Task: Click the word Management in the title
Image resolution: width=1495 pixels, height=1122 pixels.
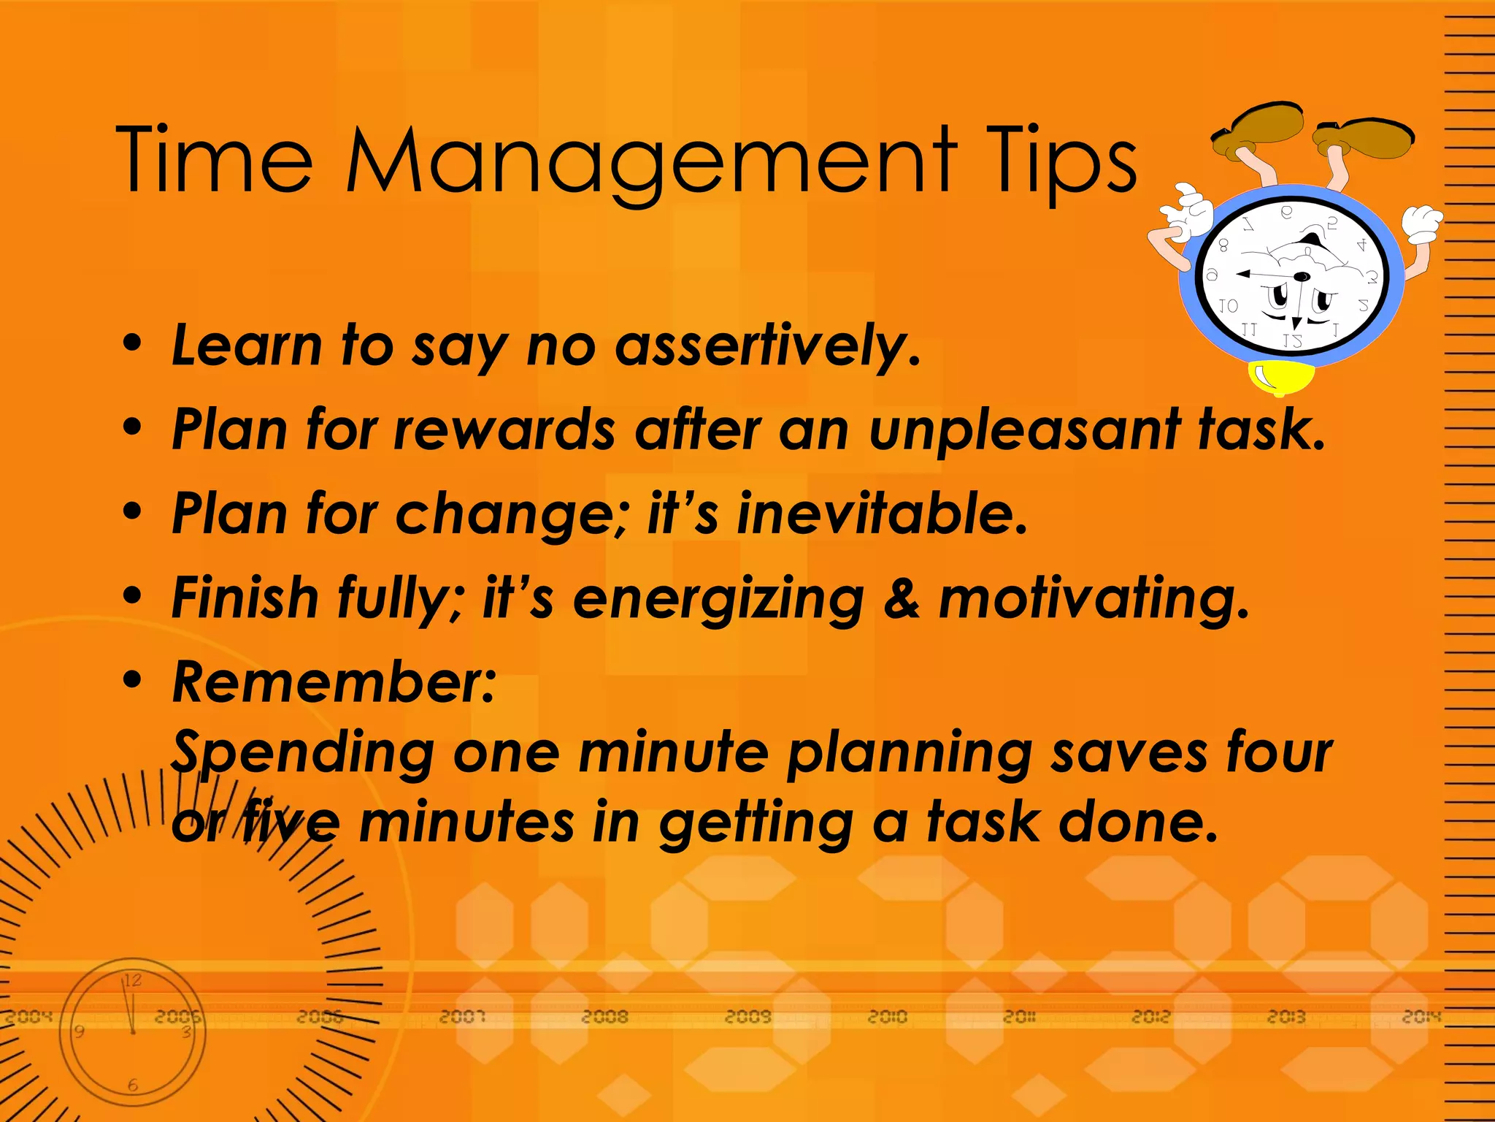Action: click(x=650, y=161)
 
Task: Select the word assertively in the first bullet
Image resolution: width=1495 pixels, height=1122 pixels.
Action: click(x=766, y=346)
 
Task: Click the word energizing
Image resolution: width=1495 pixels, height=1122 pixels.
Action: click(x=718, y=599)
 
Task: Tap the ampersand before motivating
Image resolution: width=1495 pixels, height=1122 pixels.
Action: click(x=901, y=599)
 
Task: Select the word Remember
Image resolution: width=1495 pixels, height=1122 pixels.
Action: click(x=333, y=682)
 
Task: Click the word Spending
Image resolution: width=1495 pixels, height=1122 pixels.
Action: click(x=303, y=752)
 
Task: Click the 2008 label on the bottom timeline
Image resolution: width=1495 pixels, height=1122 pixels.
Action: click(x=605, y=1017)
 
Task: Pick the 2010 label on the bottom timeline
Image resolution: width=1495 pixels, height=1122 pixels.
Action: click(x=887, y=1017)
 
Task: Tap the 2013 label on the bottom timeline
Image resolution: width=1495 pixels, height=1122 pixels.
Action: click(x=1286, y=1017)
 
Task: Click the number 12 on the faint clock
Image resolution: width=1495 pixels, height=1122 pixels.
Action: click(x=132, y=980)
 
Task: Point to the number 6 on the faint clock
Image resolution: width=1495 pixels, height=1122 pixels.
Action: click(x=132, y=1085)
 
